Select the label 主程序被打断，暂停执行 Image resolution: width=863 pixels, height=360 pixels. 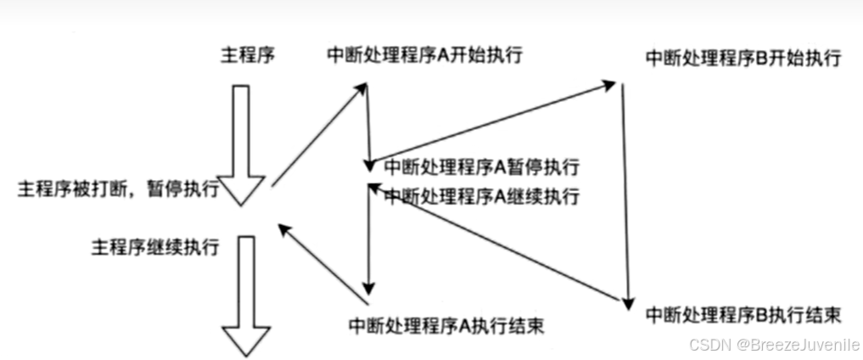tap(118, 188)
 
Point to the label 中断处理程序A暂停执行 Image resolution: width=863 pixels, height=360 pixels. tap(481, 166)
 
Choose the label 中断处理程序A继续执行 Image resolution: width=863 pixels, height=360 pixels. tap(481, 196)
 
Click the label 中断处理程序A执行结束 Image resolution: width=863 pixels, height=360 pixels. tap(446, 325)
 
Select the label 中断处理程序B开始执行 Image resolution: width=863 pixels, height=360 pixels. tap(743, 59)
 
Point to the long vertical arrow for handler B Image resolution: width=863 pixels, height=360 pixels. tap(625, 195)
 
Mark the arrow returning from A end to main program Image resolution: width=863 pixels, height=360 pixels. tap(324, 263)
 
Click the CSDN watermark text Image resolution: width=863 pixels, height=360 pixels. tap(710, 345)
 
